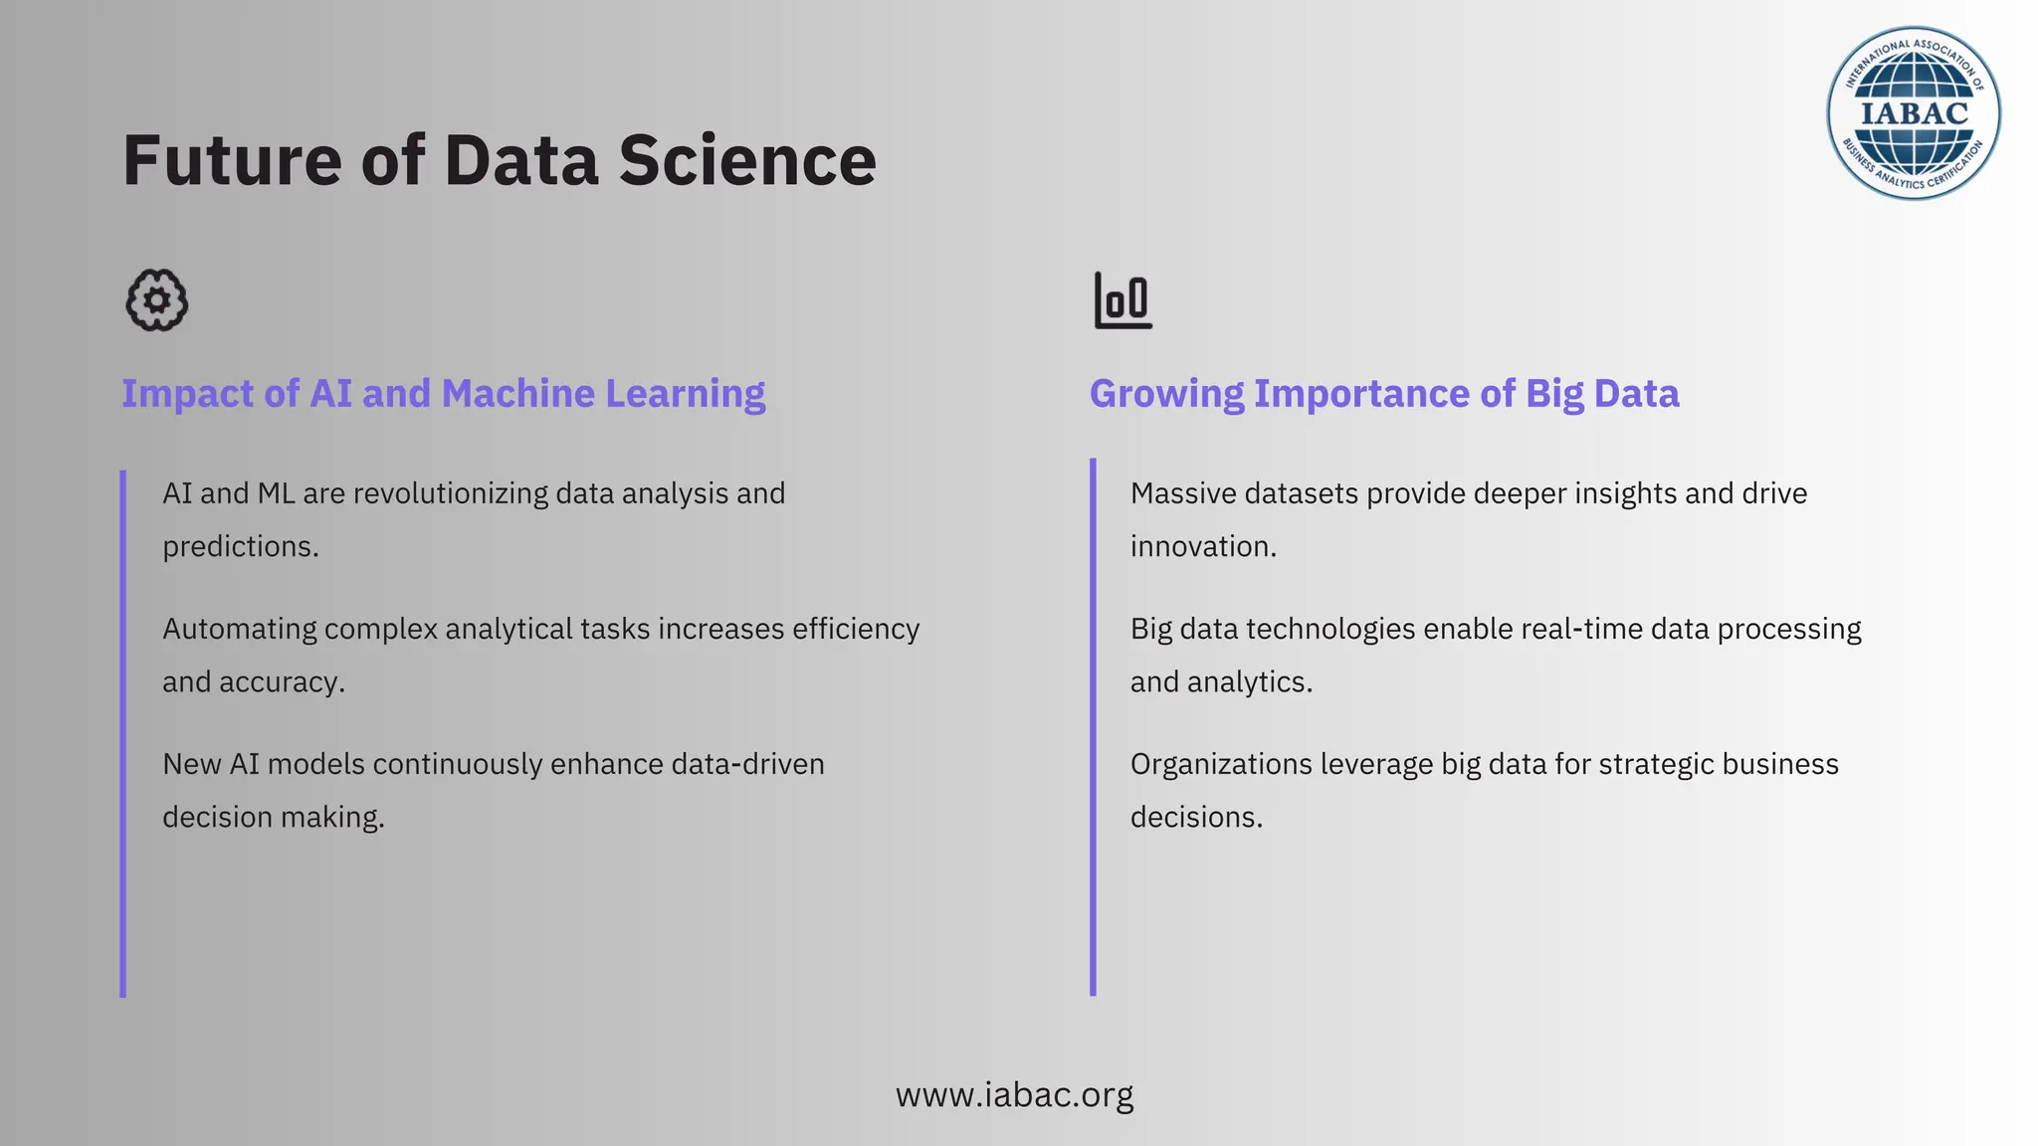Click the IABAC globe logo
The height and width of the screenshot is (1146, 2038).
(1913, 113)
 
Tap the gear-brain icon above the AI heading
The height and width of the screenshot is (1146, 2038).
(157, 300)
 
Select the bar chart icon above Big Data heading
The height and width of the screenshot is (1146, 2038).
(1123, 300)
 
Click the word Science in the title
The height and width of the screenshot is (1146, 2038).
(747, 160)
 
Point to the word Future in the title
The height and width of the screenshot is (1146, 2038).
(232, 160)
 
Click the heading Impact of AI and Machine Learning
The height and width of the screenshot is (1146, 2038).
(443, 394)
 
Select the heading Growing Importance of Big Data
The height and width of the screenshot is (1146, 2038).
(1384, 394)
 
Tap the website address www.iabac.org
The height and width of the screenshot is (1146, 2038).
(1014, 1095)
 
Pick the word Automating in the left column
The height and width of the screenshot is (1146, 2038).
(239, 629)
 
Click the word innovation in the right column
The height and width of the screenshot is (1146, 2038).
(1202, 546)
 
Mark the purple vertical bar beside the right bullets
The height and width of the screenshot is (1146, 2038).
(1093, 727)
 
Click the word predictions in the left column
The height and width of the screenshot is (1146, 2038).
(239, 546)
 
